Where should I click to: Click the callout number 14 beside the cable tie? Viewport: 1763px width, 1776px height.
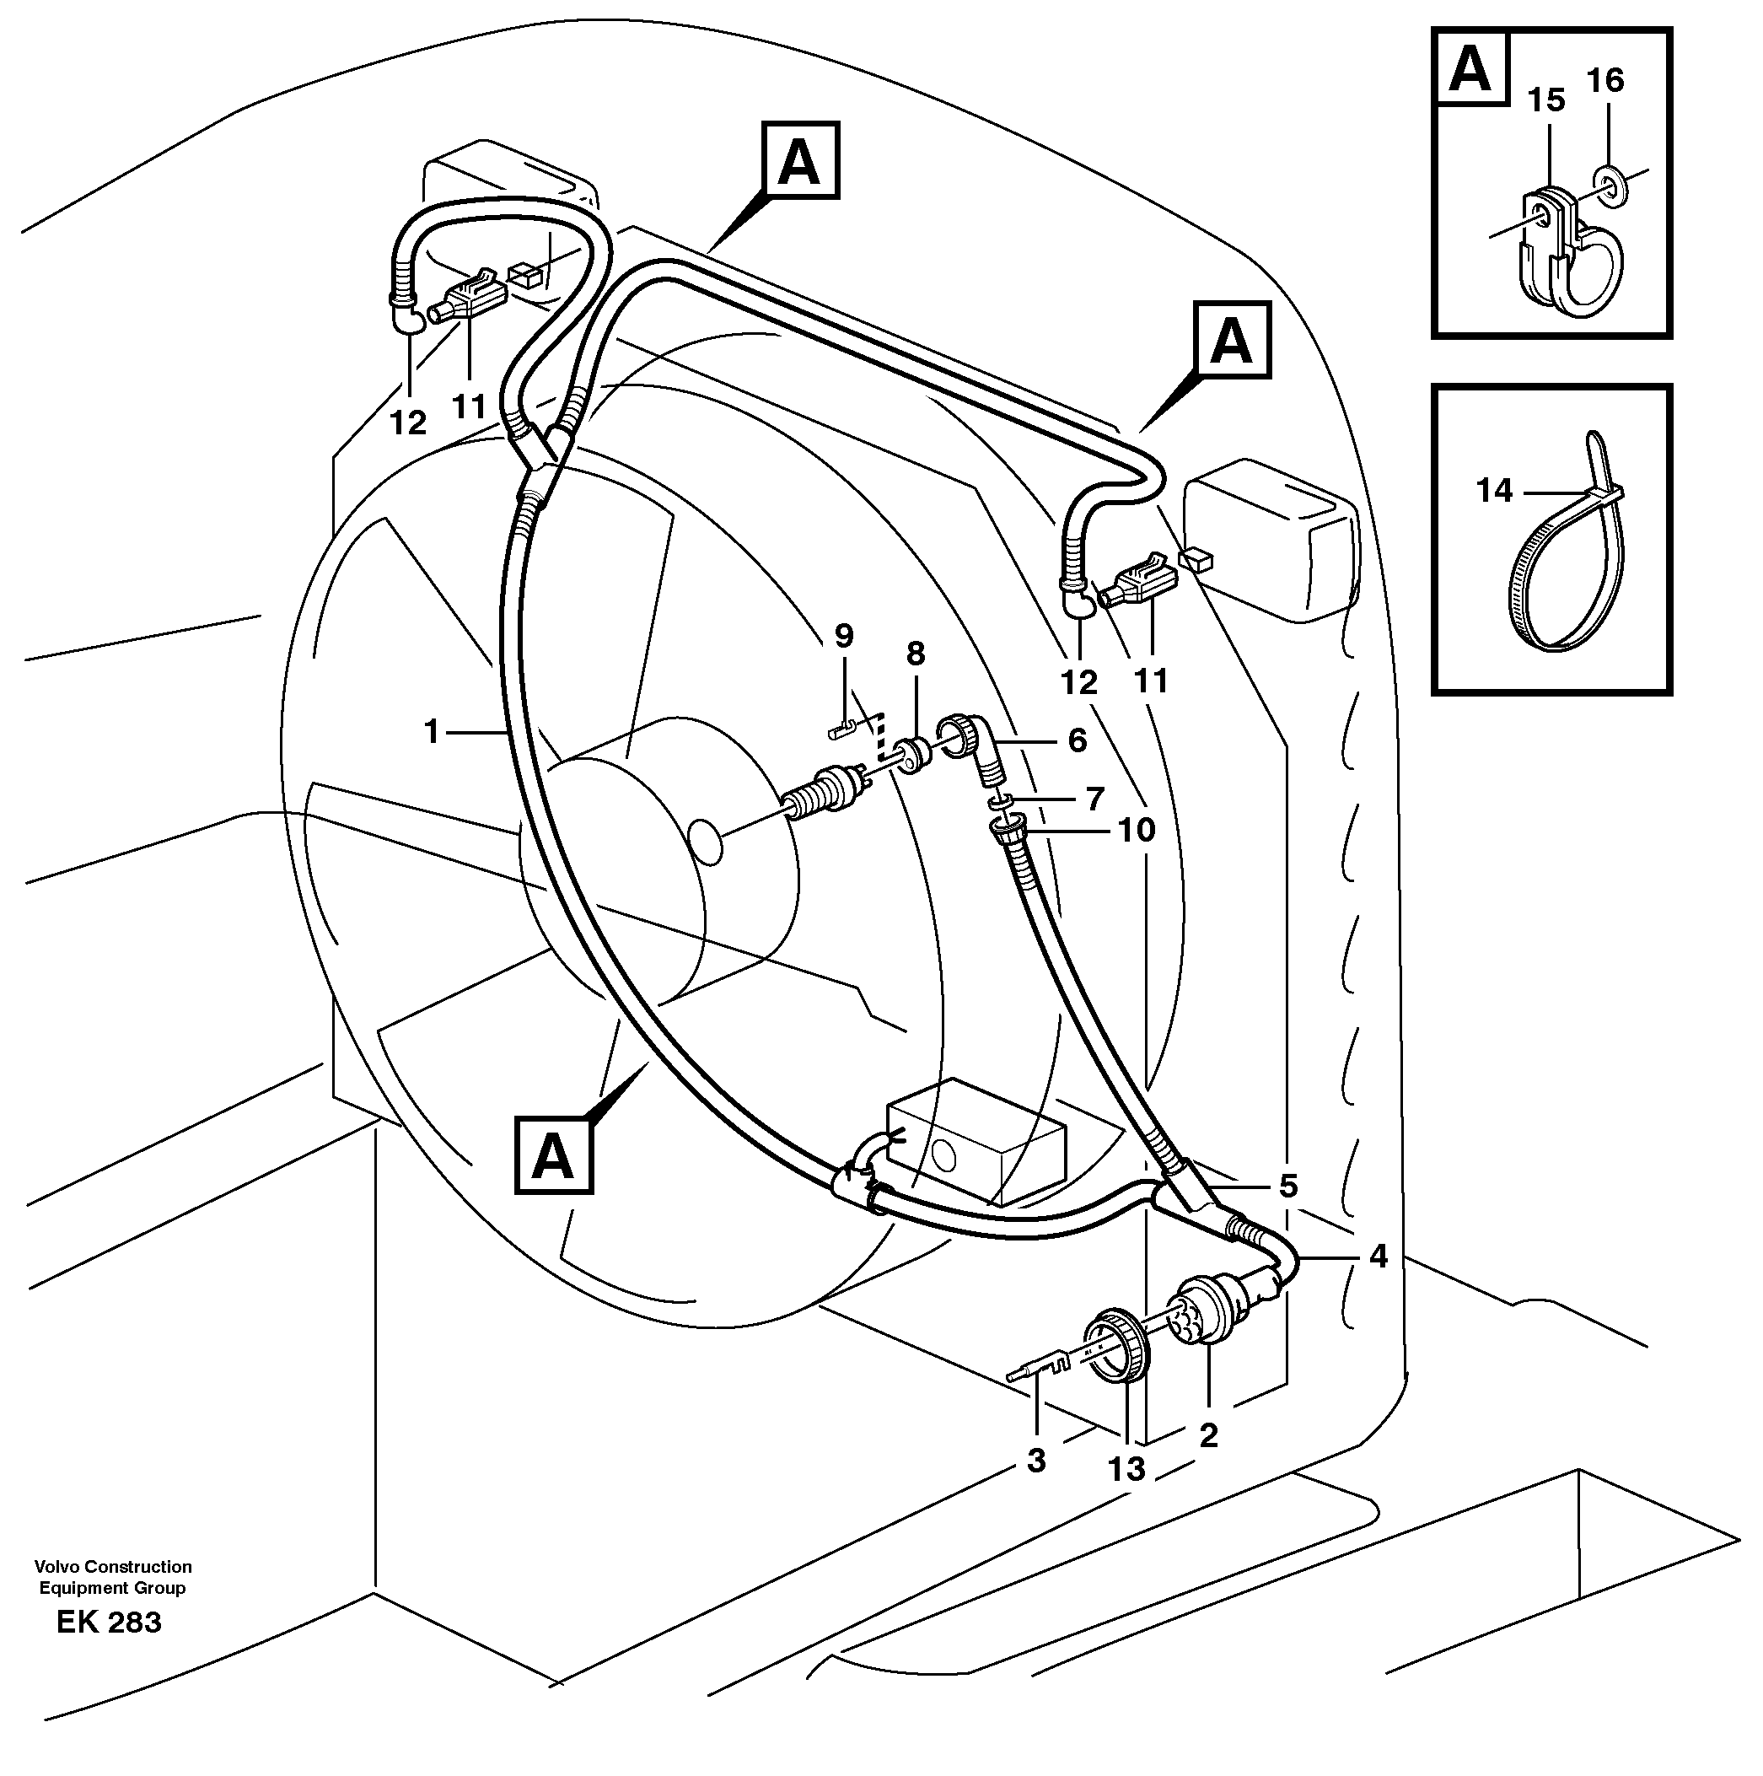1494,491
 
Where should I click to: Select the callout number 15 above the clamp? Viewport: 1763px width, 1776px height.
1547,100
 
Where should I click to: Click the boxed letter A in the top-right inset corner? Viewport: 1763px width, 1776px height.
1470,68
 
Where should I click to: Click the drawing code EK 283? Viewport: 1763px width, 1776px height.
110,1647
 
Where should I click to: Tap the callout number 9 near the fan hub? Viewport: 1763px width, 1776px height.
843,635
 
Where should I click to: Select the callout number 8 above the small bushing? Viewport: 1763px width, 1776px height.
915,654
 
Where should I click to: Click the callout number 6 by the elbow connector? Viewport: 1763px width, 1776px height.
1077,740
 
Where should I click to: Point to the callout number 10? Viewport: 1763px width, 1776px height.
1136,830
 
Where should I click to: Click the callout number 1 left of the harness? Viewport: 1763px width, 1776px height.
431,732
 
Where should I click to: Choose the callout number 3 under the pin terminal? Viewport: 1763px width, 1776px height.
1036,1460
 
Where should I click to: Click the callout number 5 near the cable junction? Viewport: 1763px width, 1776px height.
1288,1186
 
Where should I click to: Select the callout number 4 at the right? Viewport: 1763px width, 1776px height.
1377,1256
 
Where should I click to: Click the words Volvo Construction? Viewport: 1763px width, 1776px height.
113,1566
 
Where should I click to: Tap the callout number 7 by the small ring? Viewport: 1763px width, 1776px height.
1094,798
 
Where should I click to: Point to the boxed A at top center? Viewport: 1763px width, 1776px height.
798,161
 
